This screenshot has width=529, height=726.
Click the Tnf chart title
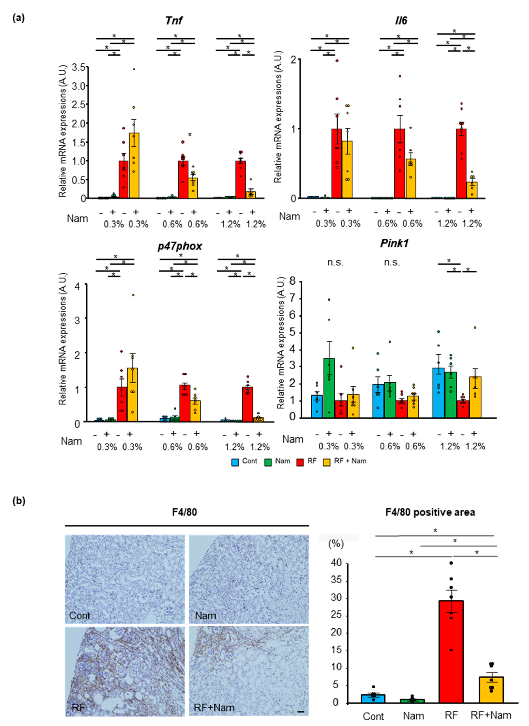[174, 20]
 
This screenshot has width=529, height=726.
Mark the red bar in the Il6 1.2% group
[461, 163]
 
